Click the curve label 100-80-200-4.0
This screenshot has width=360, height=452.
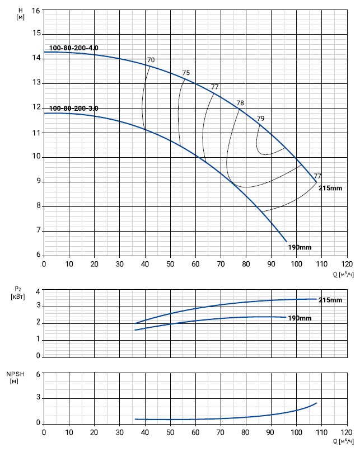pyautogui.click(x=74, y=48)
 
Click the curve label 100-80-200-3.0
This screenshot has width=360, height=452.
pyautogui.click(x=74, y=108)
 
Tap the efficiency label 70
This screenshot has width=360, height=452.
pyautogui.click(x=151, y=60)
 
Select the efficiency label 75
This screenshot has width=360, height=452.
pyautogui.click(x=186, y=73)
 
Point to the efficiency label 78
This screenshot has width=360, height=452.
pyautogui.click(x=240, y=103)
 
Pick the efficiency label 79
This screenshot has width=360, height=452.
pyautogui.click(x=260, y=118)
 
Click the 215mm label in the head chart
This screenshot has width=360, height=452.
pyautogui.click(x=330, y=189)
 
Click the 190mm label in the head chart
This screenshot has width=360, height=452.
pyautogui.click(x=300, y=247)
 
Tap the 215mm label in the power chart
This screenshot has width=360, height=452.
pyautogui.click(x=330, y=300)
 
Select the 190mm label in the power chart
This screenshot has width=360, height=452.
pyautogui.click(x=300, y=318)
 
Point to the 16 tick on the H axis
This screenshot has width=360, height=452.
pyautogui.click(x=36, y=11)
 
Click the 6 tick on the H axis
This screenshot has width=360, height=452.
pyautogui.click(x=38, y=255)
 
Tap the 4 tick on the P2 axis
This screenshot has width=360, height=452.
pyautogui.click(x=38, y=291)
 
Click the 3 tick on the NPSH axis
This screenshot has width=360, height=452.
pyautogui.click(x=38, y=399)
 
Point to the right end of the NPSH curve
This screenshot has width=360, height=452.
pyautogui.click(x=317, y=403)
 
